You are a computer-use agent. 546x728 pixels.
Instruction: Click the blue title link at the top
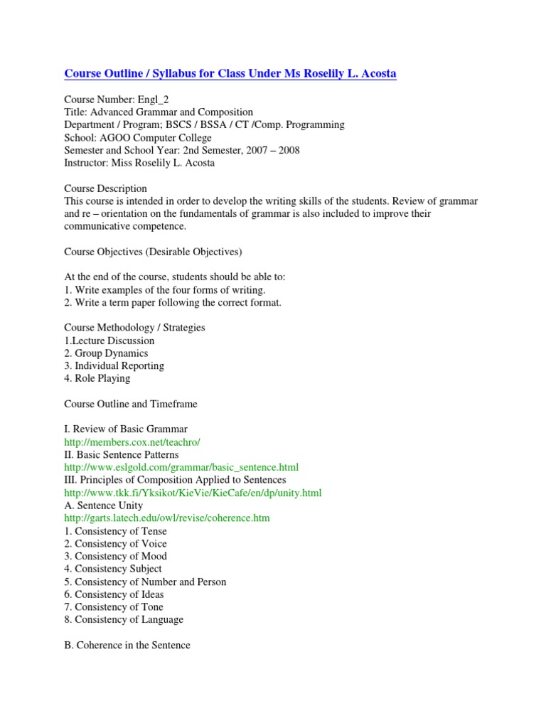pyautogui.click(x=230, y=74)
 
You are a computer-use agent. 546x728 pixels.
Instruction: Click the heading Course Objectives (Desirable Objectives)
pyautogui.click(x=153, y=252)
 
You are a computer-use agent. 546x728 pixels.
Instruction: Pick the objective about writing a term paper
pyautogui.click(x=173, y=303)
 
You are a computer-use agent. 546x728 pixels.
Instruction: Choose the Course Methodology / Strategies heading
pyautogui.click(x=134, y=328)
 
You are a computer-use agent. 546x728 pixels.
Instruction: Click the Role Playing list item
pyautogui.click(x=97, y=378)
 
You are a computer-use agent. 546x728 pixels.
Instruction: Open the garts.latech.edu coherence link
pyautogui.click(x=167, y=518)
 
